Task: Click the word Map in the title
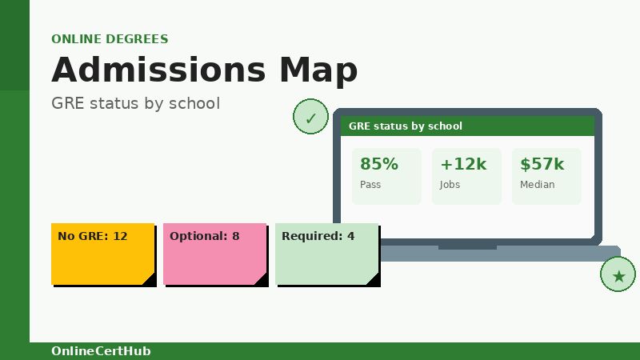coord(318,70)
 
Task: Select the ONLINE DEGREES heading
coord(110,39)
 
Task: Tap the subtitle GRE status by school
coord(135,103)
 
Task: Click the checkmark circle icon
coord(310,118)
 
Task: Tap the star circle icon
coord(618,275)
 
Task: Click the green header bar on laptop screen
coord(467,126)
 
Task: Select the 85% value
coord(378,164)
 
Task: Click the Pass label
coord(370,185)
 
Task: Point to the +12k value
coord(463,164)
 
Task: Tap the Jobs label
coord(450,185)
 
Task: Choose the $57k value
coord(542,164)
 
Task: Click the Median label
coord(537,185)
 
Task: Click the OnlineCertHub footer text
coord(101,351)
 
